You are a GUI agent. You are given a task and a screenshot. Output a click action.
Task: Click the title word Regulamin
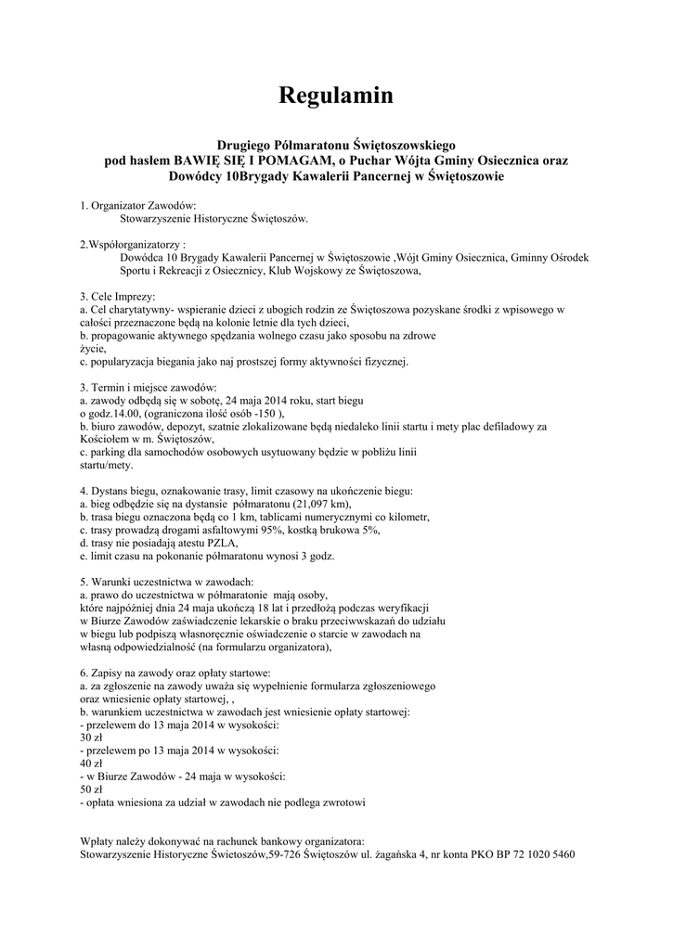click(x=337, y=96)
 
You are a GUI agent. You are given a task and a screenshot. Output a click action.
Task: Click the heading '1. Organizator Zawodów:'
click(x=138, y=205)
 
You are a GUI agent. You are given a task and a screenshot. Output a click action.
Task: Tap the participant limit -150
click(x=262, y=413)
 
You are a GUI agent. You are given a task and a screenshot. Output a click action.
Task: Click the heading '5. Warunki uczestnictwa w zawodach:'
click(x=160, y=580)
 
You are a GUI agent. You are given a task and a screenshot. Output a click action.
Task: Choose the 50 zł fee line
click(x=91, y=787)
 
